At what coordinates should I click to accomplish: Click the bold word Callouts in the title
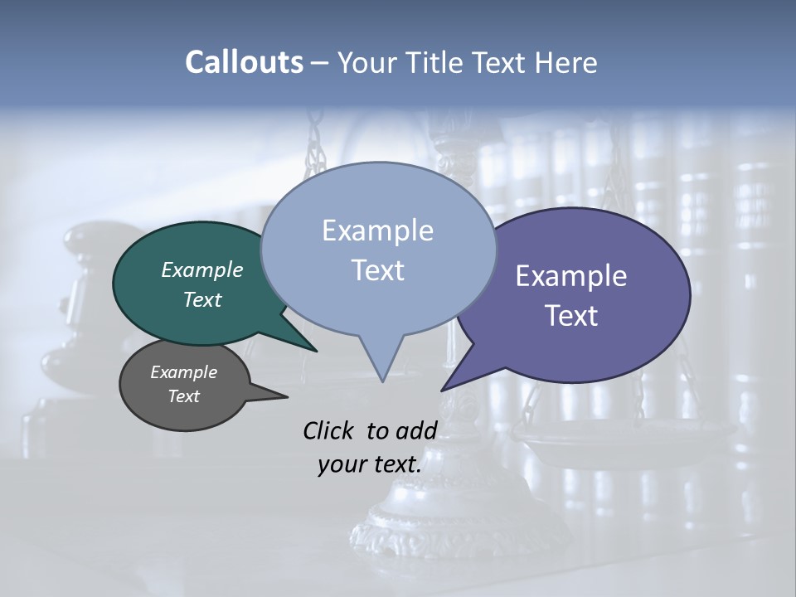coord(244,62)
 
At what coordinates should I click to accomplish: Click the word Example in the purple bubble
coord(571,276)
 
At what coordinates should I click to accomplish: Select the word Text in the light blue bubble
coord(377,270)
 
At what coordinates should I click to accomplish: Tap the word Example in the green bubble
coord(201,269)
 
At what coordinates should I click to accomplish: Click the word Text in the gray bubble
coord(183,396)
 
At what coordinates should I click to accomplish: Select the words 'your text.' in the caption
coord(370,464)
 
